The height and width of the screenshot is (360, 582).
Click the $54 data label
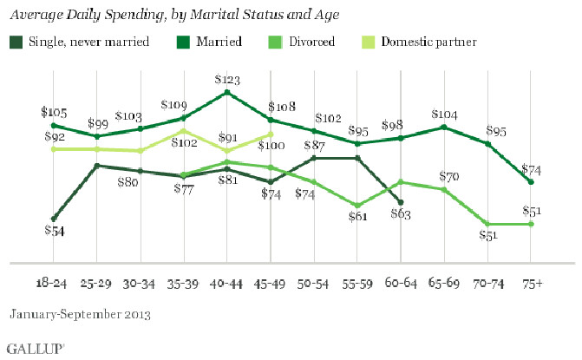click(54, 232)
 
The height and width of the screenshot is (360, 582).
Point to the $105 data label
click(54, 112)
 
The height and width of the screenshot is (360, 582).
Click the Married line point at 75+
click(531, 181)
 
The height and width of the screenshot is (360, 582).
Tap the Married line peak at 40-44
click(226, 92)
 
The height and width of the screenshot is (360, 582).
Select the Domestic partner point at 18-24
click(54, 149)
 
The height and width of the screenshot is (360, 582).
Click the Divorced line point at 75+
click(531, 224)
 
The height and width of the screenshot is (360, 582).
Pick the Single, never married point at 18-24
click(54, 219)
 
